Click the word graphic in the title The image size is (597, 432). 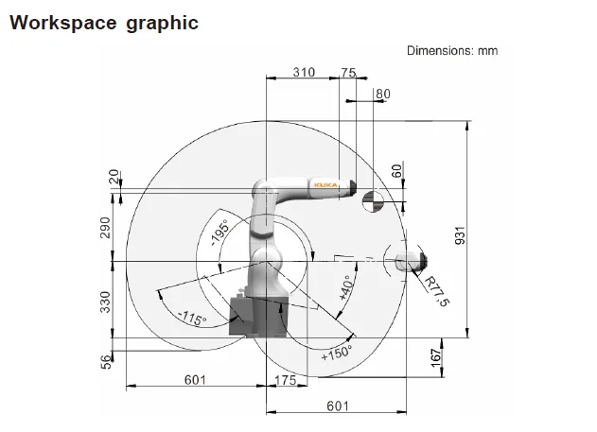pos(162,24)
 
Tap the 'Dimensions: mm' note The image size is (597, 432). pos(452,51)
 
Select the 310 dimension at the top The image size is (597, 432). pos(304,72)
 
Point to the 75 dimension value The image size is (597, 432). pos(348,72)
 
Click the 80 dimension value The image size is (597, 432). pos(383,94)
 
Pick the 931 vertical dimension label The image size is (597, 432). pos(461,235)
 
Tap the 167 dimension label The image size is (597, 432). pos(436,358)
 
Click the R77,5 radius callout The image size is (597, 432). pos(437,291)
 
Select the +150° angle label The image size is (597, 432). pos(337,353)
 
